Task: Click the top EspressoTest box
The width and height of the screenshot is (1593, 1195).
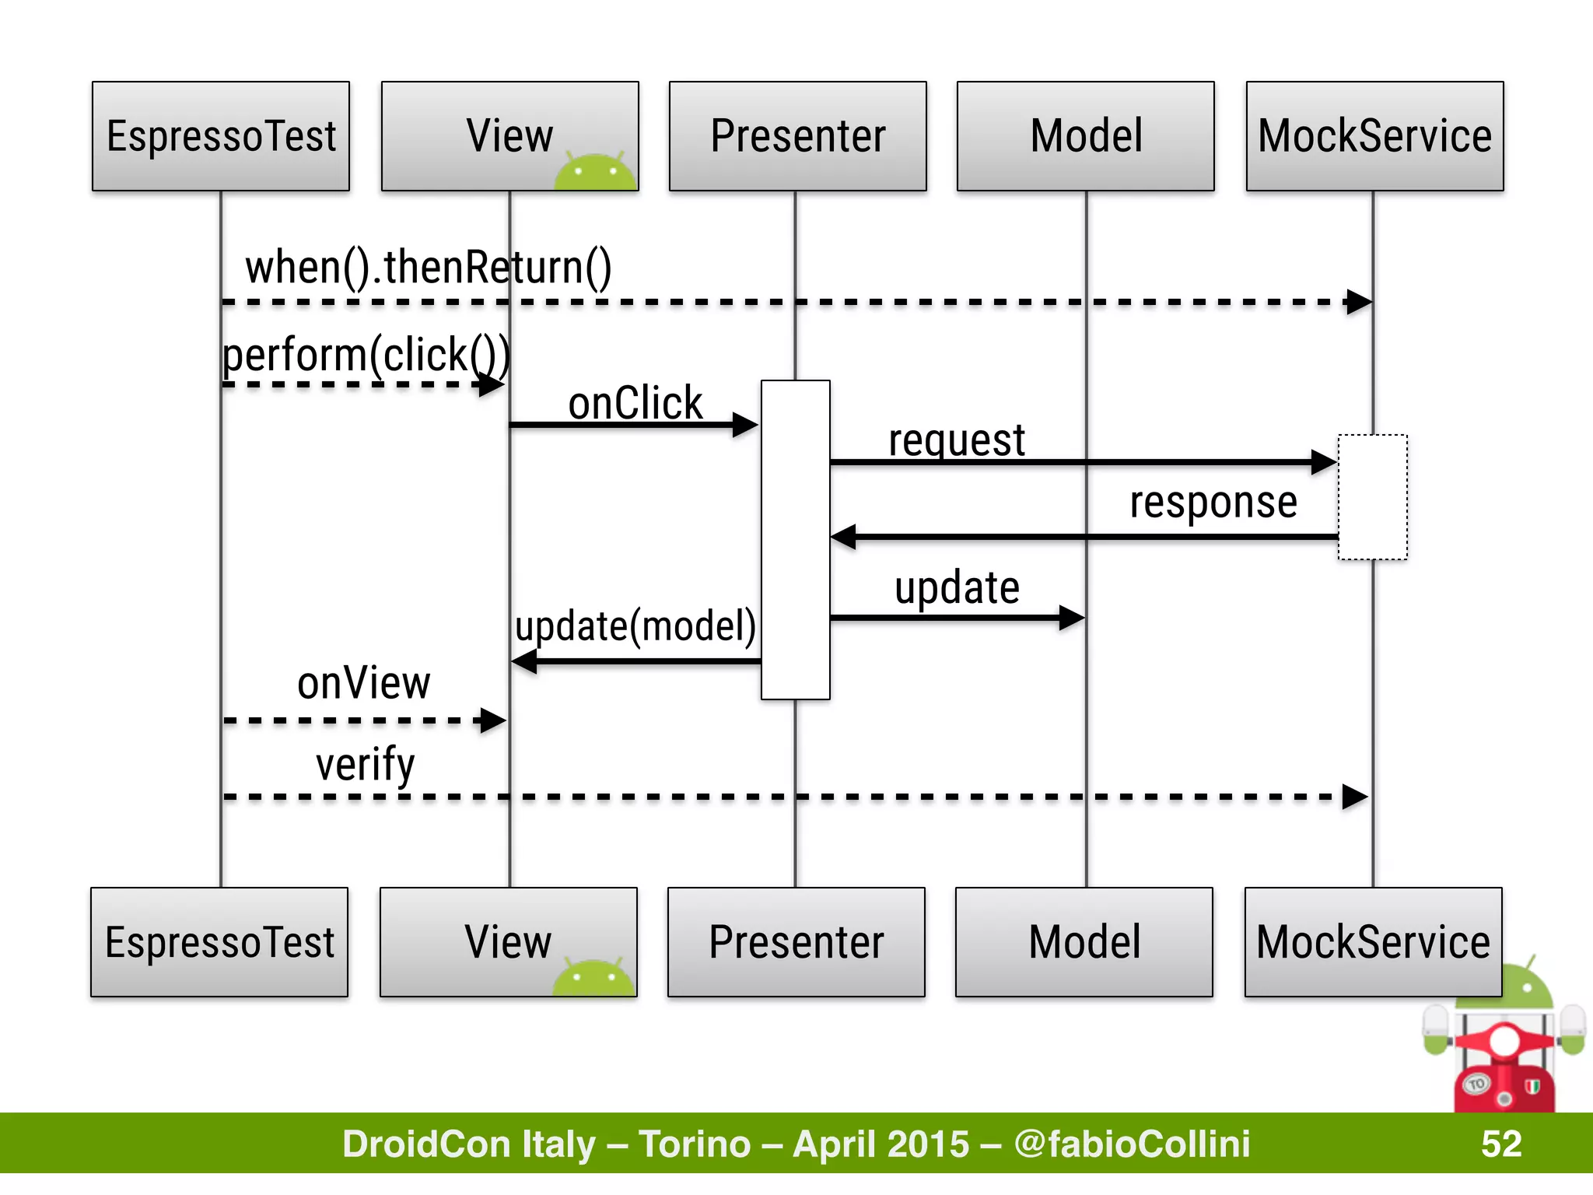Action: coord(221,136)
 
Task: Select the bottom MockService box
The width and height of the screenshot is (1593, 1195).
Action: coord(1373,941)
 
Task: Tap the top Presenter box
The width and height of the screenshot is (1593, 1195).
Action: coord(797,136)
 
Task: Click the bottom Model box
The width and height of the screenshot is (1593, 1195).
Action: coord(1084,941)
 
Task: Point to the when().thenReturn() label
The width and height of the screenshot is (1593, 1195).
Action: coord(429,268)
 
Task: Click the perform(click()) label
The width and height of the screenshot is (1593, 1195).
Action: coord(366,355)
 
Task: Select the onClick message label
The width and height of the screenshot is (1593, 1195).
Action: coord(635,403)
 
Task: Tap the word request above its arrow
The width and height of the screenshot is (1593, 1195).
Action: coord(957,440)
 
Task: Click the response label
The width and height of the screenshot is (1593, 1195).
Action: coord(1213,503)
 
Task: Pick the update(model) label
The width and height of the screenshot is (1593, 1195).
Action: coord(635,626)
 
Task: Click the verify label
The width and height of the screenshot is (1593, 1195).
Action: coord(365,764)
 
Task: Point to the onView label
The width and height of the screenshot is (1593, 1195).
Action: coord(363,683)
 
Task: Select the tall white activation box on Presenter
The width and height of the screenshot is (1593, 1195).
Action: coord(795,540)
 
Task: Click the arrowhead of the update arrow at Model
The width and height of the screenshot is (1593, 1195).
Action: coord(1073,619)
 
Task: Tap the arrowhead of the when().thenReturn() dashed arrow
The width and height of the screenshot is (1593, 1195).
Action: coord(1360,302)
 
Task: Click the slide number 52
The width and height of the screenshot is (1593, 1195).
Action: coord(1501,1144)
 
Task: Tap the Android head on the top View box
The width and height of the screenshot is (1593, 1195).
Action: coord(595,172)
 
